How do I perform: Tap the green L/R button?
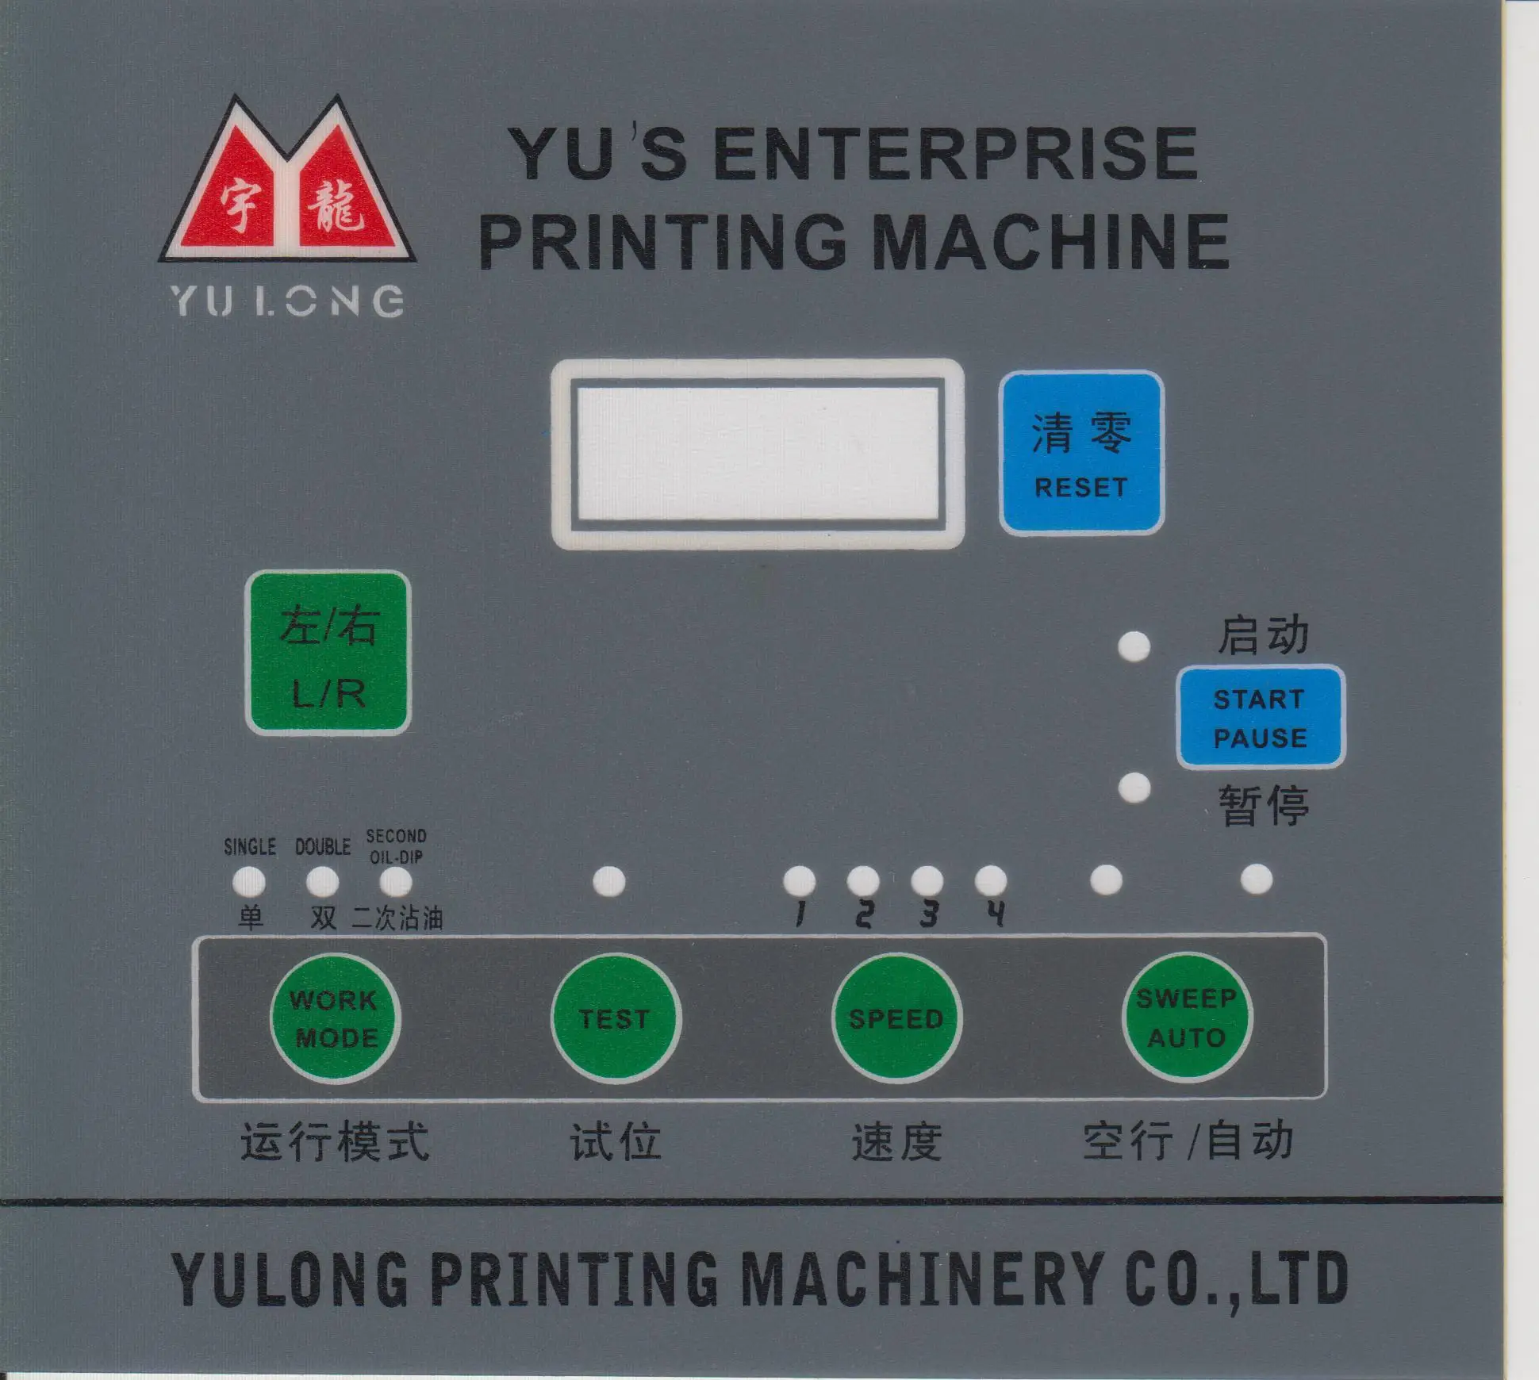[328, 654]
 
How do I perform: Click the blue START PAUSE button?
[1260, 718]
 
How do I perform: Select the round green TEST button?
[615, 1018]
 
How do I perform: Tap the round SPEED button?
[896, 1018]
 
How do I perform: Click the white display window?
[758, 454]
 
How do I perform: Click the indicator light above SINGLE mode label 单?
[249, 881]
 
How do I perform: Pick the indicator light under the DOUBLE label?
[322, 881]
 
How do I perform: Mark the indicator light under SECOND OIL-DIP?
[396, 881]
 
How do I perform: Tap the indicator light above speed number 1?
[799, 880]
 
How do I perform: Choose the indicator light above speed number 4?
[991, 880]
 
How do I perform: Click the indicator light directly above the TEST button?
[609, 880]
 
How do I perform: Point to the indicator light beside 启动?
[1134, 646]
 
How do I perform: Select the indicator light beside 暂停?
[1134, 788]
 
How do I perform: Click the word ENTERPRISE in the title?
[955, 154]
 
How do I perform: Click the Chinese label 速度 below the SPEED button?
[896, 1143]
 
